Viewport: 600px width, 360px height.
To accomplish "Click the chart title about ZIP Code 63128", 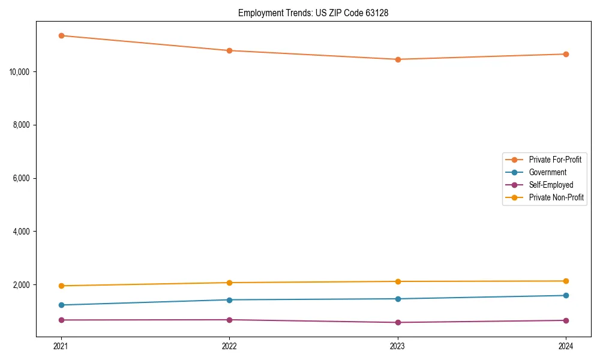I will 313,13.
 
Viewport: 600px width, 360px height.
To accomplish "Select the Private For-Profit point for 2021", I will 61,35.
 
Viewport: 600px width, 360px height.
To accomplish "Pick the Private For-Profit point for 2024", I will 566,54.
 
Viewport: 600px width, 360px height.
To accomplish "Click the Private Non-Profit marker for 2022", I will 229,283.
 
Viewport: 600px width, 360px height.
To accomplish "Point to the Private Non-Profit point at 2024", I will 566,281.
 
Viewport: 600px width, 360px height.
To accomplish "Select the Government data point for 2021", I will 61,305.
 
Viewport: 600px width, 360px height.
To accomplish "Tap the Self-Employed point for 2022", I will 229,320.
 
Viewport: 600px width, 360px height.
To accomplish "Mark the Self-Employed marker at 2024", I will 566,320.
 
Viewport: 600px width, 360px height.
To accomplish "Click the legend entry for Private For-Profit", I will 554,160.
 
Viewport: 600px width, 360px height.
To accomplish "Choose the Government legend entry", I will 547,172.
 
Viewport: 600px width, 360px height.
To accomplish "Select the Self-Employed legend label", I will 551,185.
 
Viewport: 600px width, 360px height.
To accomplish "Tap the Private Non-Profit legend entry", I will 556,197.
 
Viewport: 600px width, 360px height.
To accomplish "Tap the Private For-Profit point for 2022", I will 229,50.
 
